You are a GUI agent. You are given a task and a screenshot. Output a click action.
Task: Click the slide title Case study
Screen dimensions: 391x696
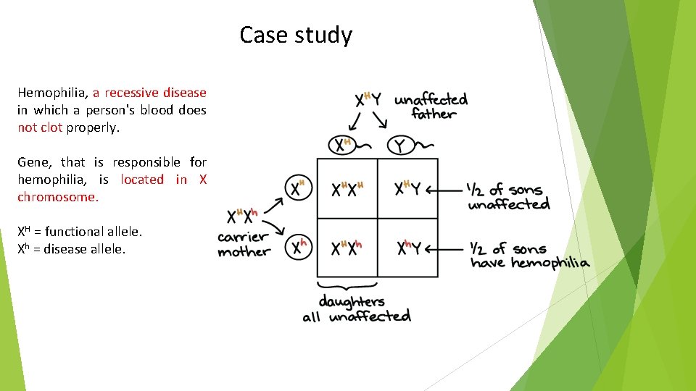click(x=296, y=35)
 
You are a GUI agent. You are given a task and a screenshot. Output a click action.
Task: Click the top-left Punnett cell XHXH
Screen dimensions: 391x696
click(x=347, y=190)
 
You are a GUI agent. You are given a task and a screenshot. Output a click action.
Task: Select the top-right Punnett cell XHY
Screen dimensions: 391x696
click(x=407, y=190)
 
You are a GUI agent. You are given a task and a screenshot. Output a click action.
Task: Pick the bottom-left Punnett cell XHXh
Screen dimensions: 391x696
click(x=347, y=248)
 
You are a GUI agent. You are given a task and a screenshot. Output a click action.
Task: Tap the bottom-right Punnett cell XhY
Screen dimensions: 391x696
click(x=409, y=248)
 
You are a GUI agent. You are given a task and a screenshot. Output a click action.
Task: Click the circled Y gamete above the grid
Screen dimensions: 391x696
click(x=399, y=146)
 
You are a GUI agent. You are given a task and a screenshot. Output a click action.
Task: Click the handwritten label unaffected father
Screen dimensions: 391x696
click(x=431, y=106)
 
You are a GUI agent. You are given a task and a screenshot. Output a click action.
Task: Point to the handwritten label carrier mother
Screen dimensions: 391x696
click(x=244, y=244)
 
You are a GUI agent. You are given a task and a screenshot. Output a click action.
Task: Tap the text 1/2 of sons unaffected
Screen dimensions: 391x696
click(x=508, y=197)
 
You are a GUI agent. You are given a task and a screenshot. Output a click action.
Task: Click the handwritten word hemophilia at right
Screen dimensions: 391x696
click(x=550, y=263)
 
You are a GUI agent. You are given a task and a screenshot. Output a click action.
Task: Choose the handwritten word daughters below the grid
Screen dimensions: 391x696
click(x=352, y=301)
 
